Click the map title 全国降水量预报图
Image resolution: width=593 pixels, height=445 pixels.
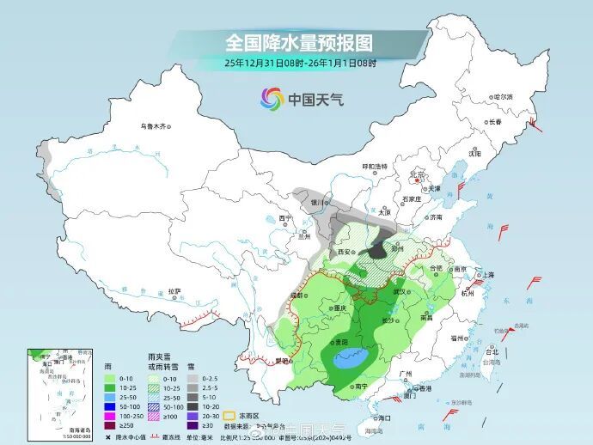(x=298, y=42)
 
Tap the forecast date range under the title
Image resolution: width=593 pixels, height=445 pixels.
(x=300, y=64)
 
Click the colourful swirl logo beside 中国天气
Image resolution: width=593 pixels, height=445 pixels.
(x=272, y=99)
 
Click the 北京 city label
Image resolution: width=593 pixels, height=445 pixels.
(x=418, y=174)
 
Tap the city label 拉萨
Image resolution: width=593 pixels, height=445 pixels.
(x=175, y=291)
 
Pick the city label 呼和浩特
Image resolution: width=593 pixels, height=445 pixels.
(x=375, y=165)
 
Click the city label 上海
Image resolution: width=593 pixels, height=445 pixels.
(x=488, y=274)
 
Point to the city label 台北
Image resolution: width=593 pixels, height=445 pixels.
(x=492, y=351)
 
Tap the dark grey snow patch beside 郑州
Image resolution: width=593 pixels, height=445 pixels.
(x=378, y=250)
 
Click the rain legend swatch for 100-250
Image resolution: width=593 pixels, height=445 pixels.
(x=109, y=414)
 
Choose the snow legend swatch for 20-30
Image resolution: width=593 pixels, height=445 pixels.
(x=193, y=414)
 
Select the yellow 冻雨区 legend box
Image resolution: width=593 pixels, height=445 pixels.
(x=229, y=414)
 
